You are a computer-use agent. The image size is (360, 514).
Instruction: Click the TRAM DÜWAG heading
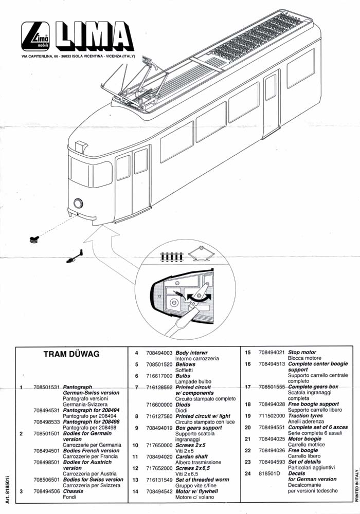71,355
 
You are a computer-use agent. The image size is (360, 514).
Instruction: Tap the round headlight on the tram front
78,204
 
